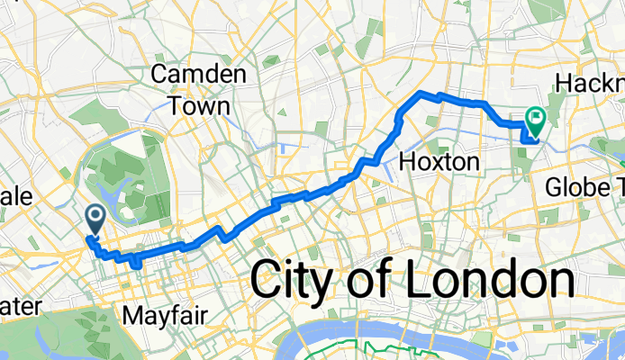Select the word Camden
[x=199, y=74]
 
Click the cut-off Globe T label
[x=585, y=187]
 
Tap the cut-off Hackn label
[x=590, y=83]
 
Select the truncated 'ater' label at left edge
[x=20, y=307]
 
